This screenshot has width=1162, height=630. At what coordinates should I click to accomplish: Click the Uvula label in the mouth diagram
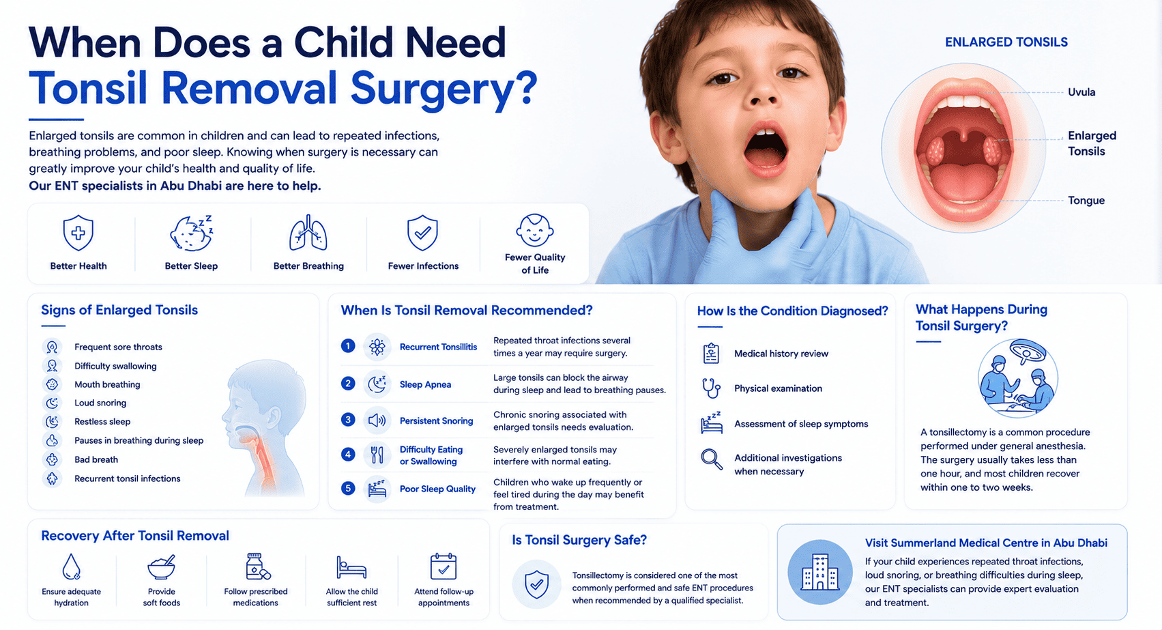pyautogui.click(x=1081, y=92)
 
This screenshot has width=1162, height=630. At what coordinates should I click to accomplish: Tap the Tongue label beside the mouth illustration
pyautogui.click(x=1086, y=200)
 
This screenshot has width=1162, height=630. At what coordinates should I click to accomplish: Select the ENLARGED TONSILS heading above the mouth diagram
pyautogui.click(x=1006, y=42)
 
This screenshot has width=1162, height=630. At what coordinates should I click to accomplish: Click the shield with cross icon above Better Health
pyautogui.click(x=78, y=233)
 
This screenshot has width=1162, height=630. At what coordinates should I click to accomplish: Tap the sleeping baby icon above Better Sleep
pyautogui.click(x=192, y=233)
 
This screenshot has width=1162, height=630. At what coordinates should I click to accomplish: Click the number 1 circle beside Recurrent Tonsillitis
pyautogui.click(x=348, y=345)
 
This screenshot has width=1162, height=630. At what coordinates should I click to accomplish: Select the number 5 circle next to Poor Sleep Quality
pyautogui.click(x=348, y=488)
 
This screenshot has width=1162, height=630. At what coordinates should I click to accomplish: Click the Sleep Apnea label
pyautogui.click(x=425, y=384)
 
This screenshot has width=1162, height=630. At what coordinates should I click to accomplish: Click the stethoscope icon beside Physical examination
pyautogui.click(x=711, y=388)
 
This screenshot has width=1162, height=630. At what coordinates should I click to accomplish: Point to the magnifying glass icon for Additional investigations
pyautogui.click(x=711, y=459)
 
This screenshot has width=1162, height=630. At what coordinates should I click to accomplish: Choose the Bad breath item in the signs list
pyautogui.click(x=96, y=459)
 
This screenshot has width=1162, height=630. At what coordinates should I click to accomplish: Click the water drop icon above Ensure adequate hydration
pyautogui.click(x=71, y=566)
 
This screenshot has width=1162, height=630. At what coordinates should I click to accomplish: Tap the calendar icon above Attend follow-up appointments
pyautogui.click(x=444, y=566)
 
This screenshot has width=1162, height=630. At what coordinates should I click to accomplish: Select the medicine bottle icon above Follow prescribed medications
pyautogui.click(x=257, y=566)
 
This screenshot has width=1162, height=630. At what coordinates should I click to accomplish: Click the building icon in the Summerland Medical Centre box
pyautogui.click(x=819, y=572)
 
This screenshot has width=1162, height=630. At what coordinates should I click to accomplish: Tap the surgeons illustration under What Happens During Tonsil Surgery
pyautogui.click(x=1018, y=378)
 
